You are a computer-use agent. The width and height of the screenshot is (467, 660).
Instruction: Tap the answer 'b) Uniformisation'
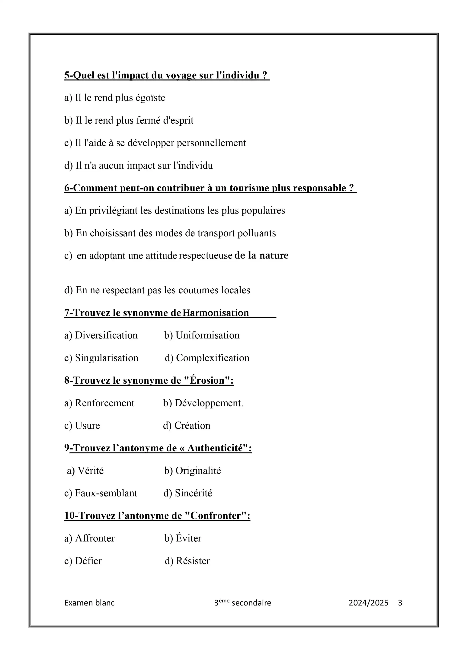[202, 335]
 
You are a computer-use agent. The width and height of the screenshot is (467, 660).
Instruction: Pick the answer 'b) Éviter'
[183, 538]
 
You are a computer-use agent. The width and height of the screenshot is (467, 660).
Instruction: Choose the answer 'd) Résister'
[187, 561]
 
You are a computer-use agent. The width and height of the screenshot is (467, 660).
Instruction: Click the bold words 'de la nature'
[261, 255]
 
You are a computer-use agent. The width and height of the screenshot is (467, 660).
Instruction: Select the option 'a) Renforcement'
[99, 403]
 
